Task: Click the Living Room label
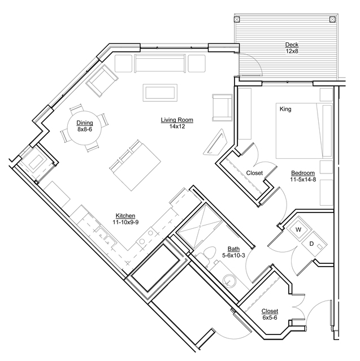[177, 120]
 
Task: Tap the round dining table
[84, 128]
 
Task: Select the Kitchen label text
[125, 216]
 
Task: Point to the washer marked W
[298, 229]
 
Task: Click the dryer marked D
[314, 244]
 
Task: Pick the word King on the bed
[285, 109]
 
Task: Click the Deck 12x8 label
[292, 47]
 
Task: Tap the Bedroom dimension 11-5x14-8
[303, 180]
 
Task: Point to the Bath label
[233, 249]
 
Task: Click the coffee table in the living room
[160, 93]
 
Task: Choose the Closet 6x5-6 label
[270, 315]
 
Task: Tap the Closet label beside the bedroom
[254, 173]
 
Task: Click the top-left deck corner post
[237, 19]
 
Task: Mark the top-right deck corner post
[332, 19]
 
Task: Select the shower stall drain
[200, 227]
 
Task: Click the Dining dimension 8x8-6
[85, 129]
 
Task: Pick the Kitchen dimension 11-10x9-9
[125, 223]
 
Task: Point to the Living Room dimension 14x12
[177, 127]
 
